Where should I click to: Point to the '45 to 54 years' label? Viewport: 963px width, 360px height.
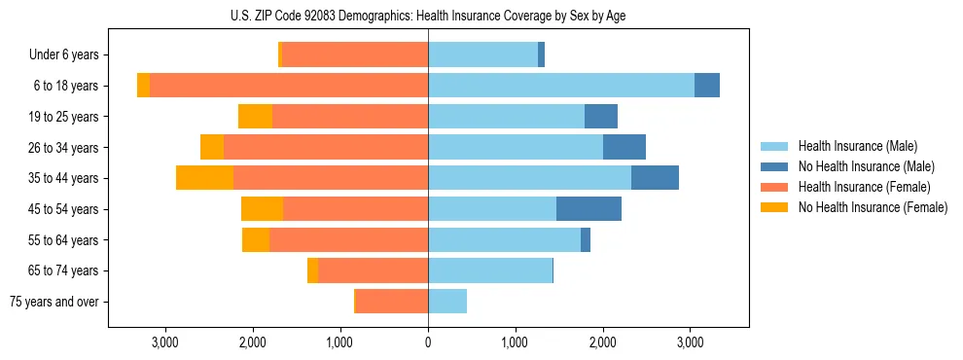click(64, 209)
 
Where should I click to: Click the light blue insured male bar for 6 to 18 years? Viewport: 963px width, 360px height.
click(561, 86)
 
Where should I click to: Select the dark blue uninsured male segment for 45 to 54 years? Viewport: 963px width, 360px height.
click(588, 209)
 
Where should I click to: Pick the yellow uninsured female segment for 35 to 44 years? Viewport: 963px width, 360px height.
click(204, 178)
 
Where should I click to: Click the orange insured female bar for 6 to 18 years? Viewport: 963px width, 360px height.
click(289, 86)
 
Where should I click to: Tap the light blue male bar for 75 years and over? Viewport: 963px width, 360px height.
click(447, 302)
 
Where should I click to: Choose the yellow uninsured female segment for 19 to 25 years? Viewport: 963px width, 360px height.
click(255, 117)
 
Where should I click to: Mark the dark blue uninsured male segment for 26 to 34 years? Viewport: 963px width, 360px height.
click(624, 147)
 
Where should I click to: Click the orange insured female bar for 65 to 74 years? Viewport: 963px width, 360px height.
click(373, 270)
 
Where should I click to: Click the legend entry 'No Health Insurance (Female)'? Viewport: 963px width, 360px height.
click(873, 207)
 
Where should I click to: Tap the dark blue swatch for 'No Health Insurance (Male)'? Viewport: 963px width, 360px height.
click(774, 166)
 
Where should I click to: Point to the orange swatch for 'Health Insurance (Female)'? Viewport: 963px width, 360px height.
click(774, 187)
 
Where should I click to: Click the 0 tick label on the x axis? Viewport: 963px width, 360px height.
click(428, 342)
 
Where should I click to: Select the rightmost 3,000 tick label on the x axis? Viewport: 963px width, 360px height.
click(690, 342)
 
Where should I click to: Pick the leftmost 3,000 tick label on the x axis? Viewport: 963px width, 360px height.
click(165, 342)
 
